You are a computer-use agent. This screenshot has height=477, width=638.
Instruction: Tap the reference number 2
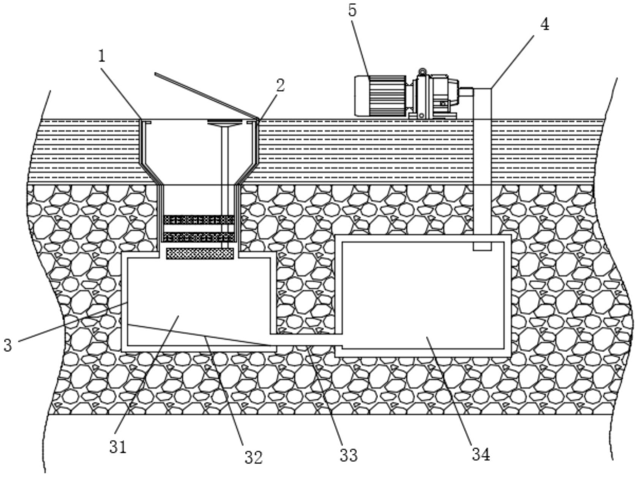[x=280, y=86]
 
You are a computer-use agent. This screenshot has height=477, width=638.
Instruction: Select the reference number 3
[x=8, y=345]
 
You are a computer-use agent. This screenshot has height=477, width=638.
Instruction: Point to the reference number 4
[x=545, y=25]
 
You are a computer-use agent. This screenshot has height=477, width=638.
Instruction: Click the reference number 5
[x=352, y=11]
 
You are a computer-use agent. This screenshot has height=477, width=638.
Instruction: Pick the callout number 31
[x=118, y=447]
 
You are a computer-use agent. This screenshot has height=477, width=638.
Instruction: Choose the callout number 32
[x=253, y=457]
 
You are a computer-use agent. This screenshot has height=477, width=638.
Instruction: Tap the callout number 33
[x=348, y=455]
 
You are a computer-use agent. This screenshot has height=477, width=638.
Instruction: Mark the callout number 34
[x=481, y=454]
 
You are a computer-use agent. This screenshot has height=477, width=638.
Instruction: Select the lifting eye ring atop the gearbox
[x=422, y=71]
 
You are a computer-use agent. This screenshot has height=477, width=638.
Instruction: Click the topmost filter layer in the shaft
[x=199, y=219]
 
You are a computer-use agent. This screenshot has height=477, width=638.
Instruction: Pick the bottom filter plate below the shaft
[x=200, y=254]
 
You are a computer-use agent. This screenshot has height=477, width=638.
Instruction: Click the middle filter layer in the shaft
[x=199, y=237]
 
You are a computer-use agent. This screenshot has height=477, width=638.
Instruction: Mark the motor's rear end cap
[x=361, y=95]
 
